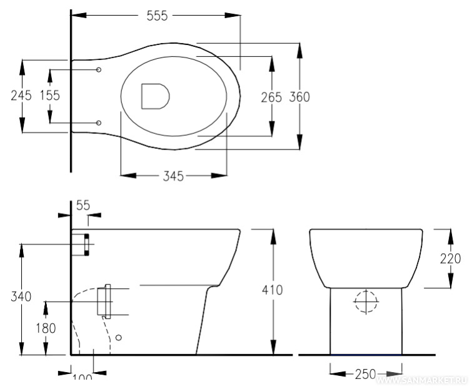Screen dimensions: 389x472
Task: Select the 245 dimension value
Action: coord(22,95)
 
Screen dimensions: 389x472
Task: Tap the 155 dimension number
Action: coord(50,95)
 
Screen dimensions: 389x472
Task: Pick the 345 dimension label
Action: coord(173,176)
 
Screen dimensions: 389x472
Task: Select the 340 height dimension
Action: coord(21,297)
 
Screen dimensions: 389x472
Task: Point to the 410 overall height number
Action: coord(272,290)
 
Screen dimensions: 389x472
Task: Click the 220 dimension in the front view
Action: coord(450,258)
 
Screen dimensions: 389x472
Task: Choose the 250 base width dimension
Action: coord(365,375)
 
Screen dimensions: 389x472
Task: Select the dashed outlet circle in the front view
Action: coord(367,302)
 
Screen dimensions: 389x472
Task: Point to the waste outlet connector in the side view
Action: coord(104,301)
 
